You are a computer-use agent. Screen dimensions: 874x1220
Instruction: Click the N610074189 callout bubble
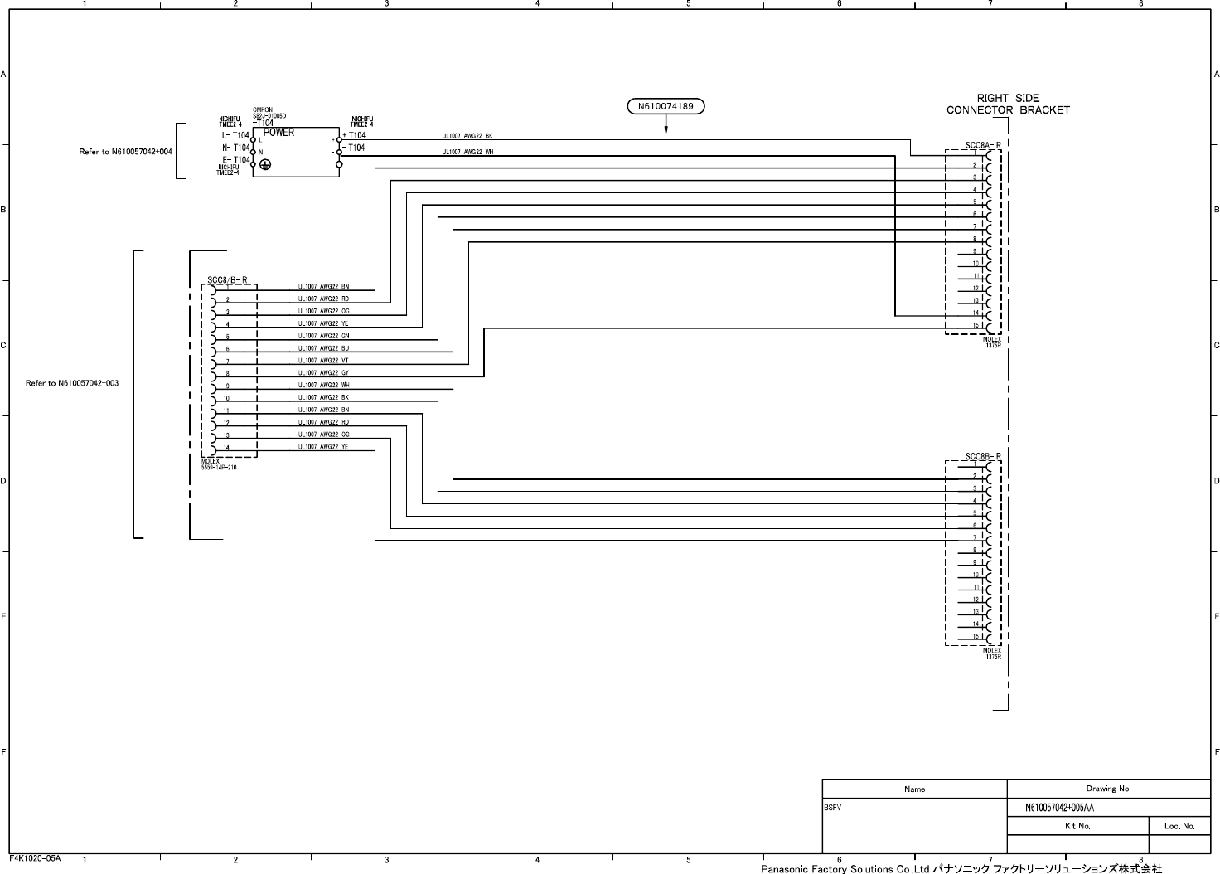(x=666, y=106)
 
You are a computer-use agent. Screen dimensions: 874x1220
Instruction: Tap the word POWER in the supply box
(x=279, y=133)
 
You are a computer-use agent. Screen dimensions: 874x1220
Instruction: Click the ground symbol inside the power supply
(x=265, y=165)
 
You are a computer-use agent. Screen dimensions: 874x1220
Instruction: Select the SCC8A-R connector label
(x=983, y=146)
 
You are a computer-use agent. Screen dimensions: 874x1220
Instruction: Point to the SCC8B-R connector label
(x=983, y=457)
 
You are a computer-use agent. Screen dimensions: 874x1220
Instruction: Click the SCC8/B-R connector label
(x=227, y=279)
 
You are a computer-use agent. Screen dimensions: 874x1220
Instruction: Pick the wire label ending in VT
(x=324, y=361)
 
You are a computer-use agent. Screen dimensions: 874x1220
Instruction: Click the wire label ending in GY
(x=324, y=373)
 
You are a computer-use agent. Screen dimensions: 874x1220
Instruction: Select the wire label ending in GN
(x=324, y=336)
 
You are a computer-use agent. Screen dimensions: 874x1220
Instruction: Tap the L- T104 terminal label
(x=235, y=135)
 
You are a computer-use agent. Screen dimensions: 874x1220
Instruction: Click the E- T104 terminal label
(x=236, y=160)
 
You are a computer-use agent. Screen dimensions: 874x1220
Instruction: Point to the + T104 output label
(x=354, y=135)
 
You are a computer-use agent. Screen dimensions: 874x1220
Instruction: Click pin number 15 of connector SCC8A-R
(x=976, y=325)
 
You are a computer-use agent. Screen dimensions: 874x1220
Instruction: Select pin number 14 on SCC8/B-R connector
(x=226, y=449)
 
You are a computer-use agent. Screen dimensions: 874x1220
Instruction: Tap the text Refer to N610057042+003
(x=72, y=383)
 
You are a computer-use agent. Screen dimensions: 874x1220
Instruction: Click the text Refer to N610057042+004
(x=125, y=152)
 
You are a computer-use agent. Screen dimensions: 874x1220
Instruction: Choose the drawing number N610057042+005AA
(x=1059, y=808)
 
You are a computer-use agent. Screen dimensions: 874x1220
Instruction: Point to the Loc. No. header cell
(x=1179, y=826)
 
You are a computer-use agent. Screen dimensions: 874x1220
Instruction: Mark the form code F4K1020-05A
(x=35, y=858)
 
